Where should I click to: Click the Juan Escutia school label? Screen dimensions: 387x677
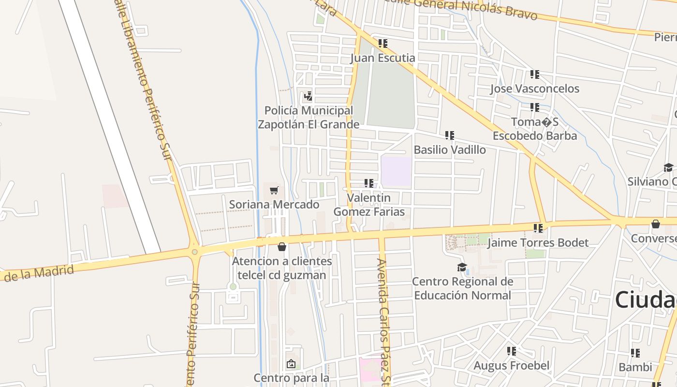383,58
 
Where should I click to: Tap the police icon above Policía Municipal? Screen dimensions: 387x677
308,96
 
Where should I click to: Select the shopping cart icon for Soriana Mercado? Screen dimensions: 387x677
274,190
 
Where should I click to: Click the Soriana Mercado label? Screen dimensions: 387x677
274,205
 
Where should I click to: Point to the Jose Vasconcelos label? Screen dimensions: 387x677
534,89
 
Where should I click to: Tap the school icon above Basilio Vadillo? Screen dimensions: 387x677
450,135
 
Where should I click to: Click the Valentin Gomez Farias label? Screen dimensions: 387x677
369,205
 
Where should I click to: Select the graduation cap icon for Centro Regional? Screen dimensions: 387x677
462,267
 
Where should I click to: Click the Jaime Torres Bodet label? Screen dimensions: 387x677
538,243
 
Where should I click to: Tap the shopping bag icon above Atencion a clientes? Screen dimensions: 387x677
282,247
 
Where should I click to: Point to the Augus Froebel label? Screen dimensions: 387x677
512,366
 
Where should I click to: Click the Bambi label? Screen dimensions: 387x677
635,367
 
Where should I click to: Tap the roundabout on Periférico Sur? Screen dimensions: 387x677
194,252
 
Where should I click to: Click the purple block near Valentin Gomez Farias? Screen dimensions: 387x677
396,171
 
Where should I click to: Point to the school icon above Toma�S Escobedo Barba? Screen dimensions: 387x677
534,107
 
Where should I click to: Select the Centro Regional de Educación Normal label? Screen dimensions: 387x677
462,288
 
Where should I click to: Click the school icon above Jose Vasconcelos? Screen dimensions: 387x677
534,74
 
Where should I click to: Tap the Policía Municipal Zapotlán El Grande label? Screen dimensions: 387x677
309,118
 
